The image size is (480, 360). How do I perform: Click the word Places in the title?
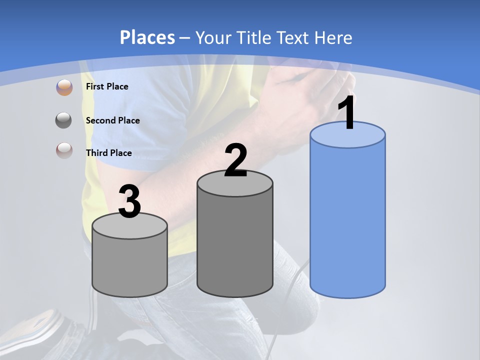147,37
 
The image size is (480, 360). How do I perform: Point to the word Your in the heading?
213,37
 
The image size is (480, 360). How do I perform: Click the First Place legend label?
107,86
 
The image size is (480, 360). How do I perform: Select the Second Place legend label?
112,120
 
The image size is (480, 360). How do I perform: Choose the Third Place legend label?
108,153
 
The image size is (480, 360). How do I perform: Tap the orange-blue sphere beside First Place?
64,87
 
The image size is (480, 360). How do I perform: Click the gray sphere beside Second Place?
64,120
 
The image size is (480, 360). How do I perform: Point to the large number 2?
235,160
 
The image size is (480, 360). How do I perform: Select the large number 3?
129,202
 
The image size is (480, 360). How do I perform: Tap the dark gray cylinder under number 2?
235,245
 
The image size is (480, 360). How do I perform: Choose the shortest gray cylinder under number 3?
129,265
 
